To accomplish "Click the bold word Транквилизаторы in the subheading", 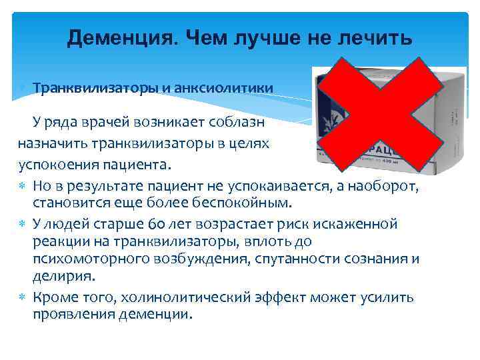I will point(96,88).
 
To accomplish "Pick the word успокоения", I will point(57,164).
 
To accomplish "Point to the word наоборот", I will point(385,185).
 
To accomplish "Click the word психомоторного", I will point(83,259).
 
